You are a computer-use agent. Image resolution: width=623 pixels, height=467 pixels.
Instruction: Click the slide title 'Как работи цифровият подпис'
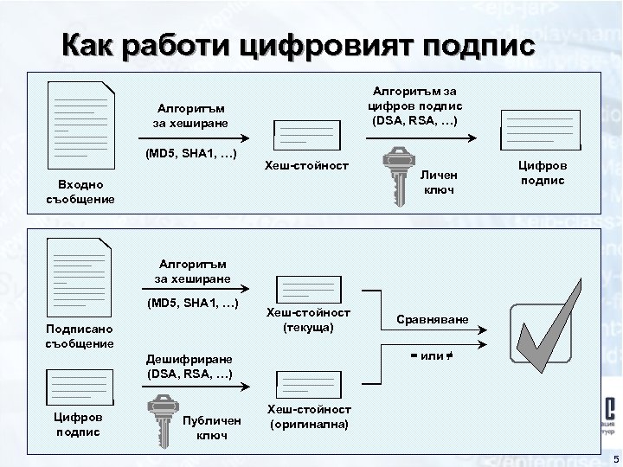click(299, 44)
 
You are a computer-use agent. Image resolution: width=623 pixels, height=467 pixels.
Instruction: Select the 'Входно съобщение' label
click(80, 193)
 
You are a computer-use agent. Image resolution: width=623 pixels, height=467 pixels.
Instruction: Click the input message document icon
click(80, 123)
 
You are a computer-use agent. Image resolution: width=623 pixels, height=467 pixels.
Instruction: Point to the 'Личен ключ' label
click(438, 182)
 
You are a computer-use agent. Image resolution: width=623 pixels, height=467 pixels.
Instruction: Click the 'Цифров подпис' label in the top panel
click(543, 173)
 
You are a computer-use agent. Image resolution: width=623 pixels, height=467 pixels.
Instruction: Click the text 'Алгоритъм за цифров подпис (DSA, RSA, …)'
click(415, 106)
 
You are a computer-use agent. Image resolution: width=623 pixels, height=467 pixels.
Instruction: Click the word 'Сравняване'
click(433, 320)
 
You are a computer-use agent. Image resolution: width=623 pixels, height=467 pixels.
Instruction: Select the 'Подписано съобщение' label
click(80, 336)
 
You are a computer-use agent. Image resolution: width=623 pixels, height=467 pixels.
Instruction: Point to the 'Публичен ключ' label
click(207, 426)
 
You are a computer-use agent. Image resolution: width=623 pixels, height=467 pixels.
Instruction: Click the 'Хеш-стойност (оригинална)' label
click(309, 417)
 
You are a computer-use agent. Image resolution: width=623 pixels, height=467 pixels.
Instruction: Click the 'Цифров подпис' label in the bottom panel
click(79, 424)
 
